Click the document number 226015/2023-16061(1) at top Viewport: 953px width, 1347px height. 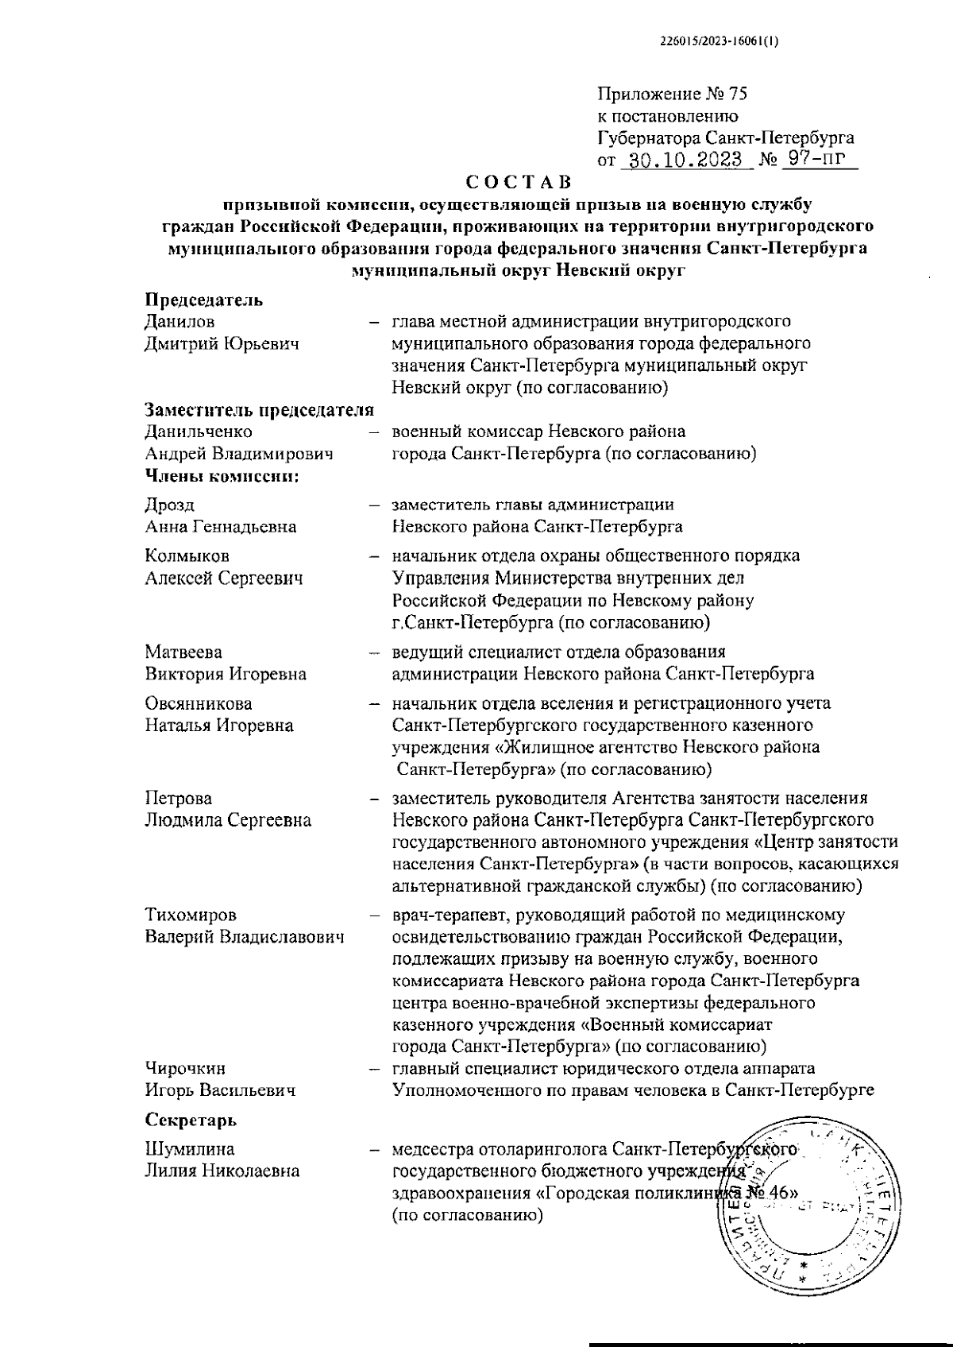coord(720,45)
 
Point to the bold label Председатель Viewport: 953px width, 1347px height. coord(203,300)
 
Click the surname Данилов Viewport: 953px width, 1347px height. coord(179,322)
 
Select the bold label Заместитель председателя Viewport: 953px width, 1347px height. coord(259,410)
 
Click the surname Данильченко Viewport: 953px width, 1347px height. coord(199,432)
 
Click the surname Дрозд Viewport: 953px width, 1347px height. coord(169,505)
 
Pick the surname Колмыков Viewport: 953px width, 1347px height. coord(187,556)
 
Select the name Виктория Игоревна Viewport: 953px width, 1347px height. coord(226,674)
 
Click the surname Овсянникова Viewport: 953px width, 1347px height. coord(199,703)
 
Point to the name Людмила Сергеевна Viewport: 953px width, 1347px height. coord(228,820)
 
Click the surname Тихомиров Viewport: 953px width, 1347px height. coord(191,915)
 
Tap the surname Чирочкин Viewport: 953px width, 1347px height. coord(185,1069)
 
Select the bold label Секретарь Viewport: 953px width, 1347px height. coord(191,1121)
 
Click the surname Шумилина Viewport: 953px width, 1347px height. coord(190,1150)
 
